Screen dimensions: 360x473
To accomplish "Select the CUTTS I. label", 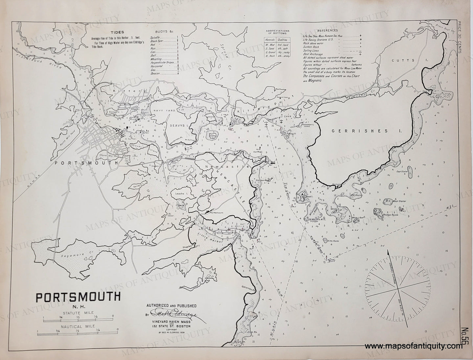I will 408,61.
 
